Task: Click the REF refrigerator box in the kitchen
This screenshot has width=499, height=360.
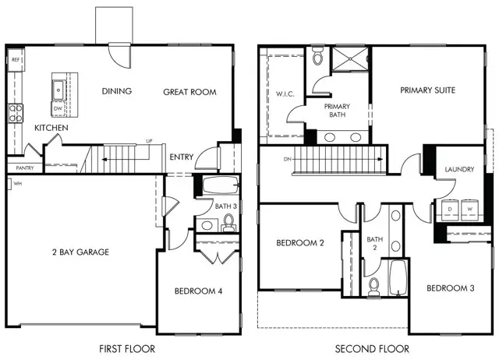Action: click(x=16, y=59)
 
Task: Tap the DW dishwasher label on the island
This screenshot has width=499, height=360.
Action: click(x=58, y=108)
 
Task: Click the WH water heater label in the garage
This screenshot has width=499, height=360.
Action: click(x=16, y=183)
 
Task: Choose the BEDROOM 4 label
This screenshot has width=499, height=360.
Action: click(x=198, y=291)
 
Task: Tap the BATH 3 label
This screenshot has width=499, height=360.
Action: click(x=226, y=206)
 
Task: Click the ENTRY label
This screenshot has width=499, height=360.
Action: click(x=181, y=157)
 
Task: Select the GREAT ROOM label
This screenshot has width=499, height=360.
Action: click(x=189, y=92)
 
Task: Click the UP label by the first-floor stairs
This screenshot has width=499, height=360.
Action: click(x=147, y=141)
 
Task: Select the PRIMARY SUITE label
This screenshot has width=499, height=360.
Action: click(x=427, y=90)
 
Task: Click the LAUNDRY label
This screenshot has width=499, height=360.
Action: click(x=459, y=169)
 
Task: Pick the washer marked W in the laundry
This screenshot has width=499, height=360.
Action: click(x=470, y=209)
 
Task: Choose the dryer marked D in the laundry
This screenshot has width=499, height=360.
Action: click(x=451, y=209)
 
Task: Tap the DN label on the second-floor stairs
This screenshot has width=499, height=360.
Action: click(x=288, y=159)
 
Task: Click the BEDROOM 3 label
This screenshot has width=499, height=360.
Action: click(x=450, y=288)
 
